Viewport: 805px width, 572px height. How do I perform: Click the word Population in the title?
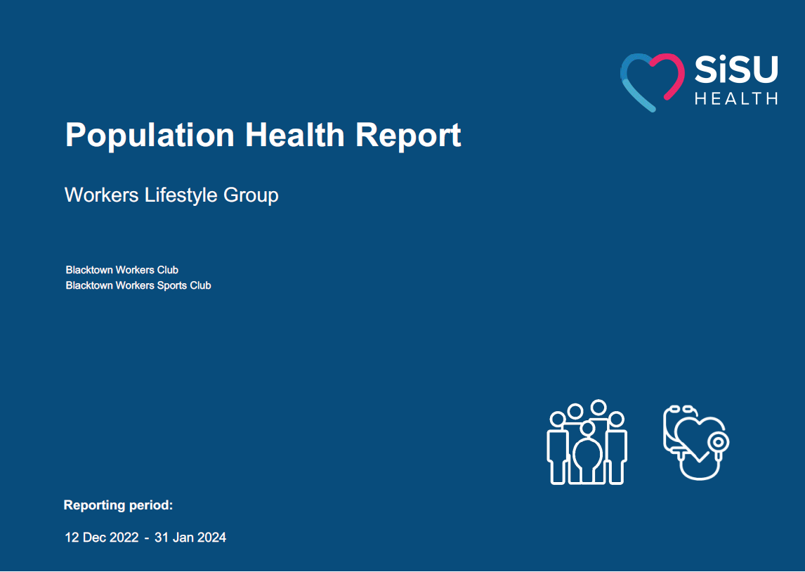pyautogui.click(x=150, y=136)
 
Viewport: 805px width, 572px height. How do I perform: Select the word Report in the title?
pyautogui.click(x=408, y=136)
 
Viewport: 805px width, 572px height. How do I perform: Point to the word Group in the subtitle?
pyautogui.click(x=251, y=195)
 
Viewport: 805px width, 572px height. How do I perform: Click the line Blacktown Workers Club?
pyautogui.click(x=122, y=270)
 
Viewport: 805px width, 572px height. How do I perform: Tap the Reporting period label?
pyautogui.click(x=118, y=505)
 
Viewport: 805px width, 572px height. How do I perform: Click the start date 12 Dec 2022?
pyautogui.click(x=102, y=538)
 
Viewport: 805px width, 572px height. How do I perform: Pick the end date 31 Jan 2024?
pyautogui.click(x=190, y=538)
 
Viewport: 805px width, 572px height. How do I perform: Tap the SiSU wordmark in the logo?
pyautogui.click(x=736, y=70)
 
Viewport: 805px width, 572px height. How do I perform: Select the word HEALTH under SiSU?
pyautogui.click(x=736, y=98)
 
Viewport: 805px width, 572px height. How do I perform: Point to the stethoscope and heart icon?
pyautogui.click(x=696, y=443)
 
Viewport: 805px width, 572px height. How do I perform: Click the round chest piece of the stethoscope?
pyautogui.click(x=717, y=442)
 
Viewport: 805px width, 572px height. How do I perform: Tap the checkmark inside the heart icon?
pyautogui.click(x=698, y=457)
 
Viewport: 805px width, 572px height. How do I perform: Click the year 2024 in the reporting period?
pyautogui.click(x=211, y=538)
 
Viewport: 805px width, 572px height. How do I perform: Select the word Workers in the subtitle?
pyautogui.click(x=102, y=195)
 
